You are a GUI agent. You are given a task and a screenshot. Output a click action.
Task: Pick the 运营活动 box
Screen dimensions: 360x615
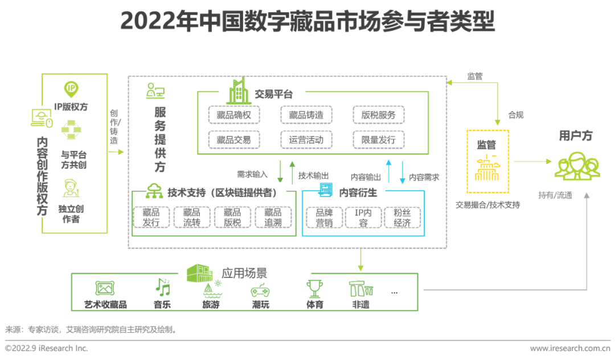click(306, 140)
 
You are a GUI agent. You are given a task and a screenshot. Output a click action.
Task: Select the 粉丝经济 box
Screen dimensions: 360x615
click(402, 217)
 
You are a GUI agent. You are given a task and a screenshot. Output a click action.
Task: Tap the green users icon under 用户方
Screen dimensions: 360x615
click(577, 165)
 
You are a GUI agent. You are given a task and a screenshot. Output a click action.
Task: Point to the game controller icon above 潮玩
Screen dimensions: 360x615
click(260, 290)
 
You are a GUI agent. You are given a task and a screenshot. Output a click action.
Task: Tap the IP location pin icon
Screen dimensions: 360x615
click(71, 89)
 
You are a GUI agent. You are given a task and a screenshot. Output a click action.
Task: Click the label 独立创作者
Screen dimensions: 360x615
click(71, 214)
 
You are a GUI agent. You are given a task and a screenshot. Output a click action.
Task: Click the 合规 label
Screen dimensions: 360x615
click(516, 114)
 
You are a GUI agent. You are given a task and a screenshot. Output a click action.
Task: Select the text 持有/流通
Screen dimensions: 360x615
click(555, 195)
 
